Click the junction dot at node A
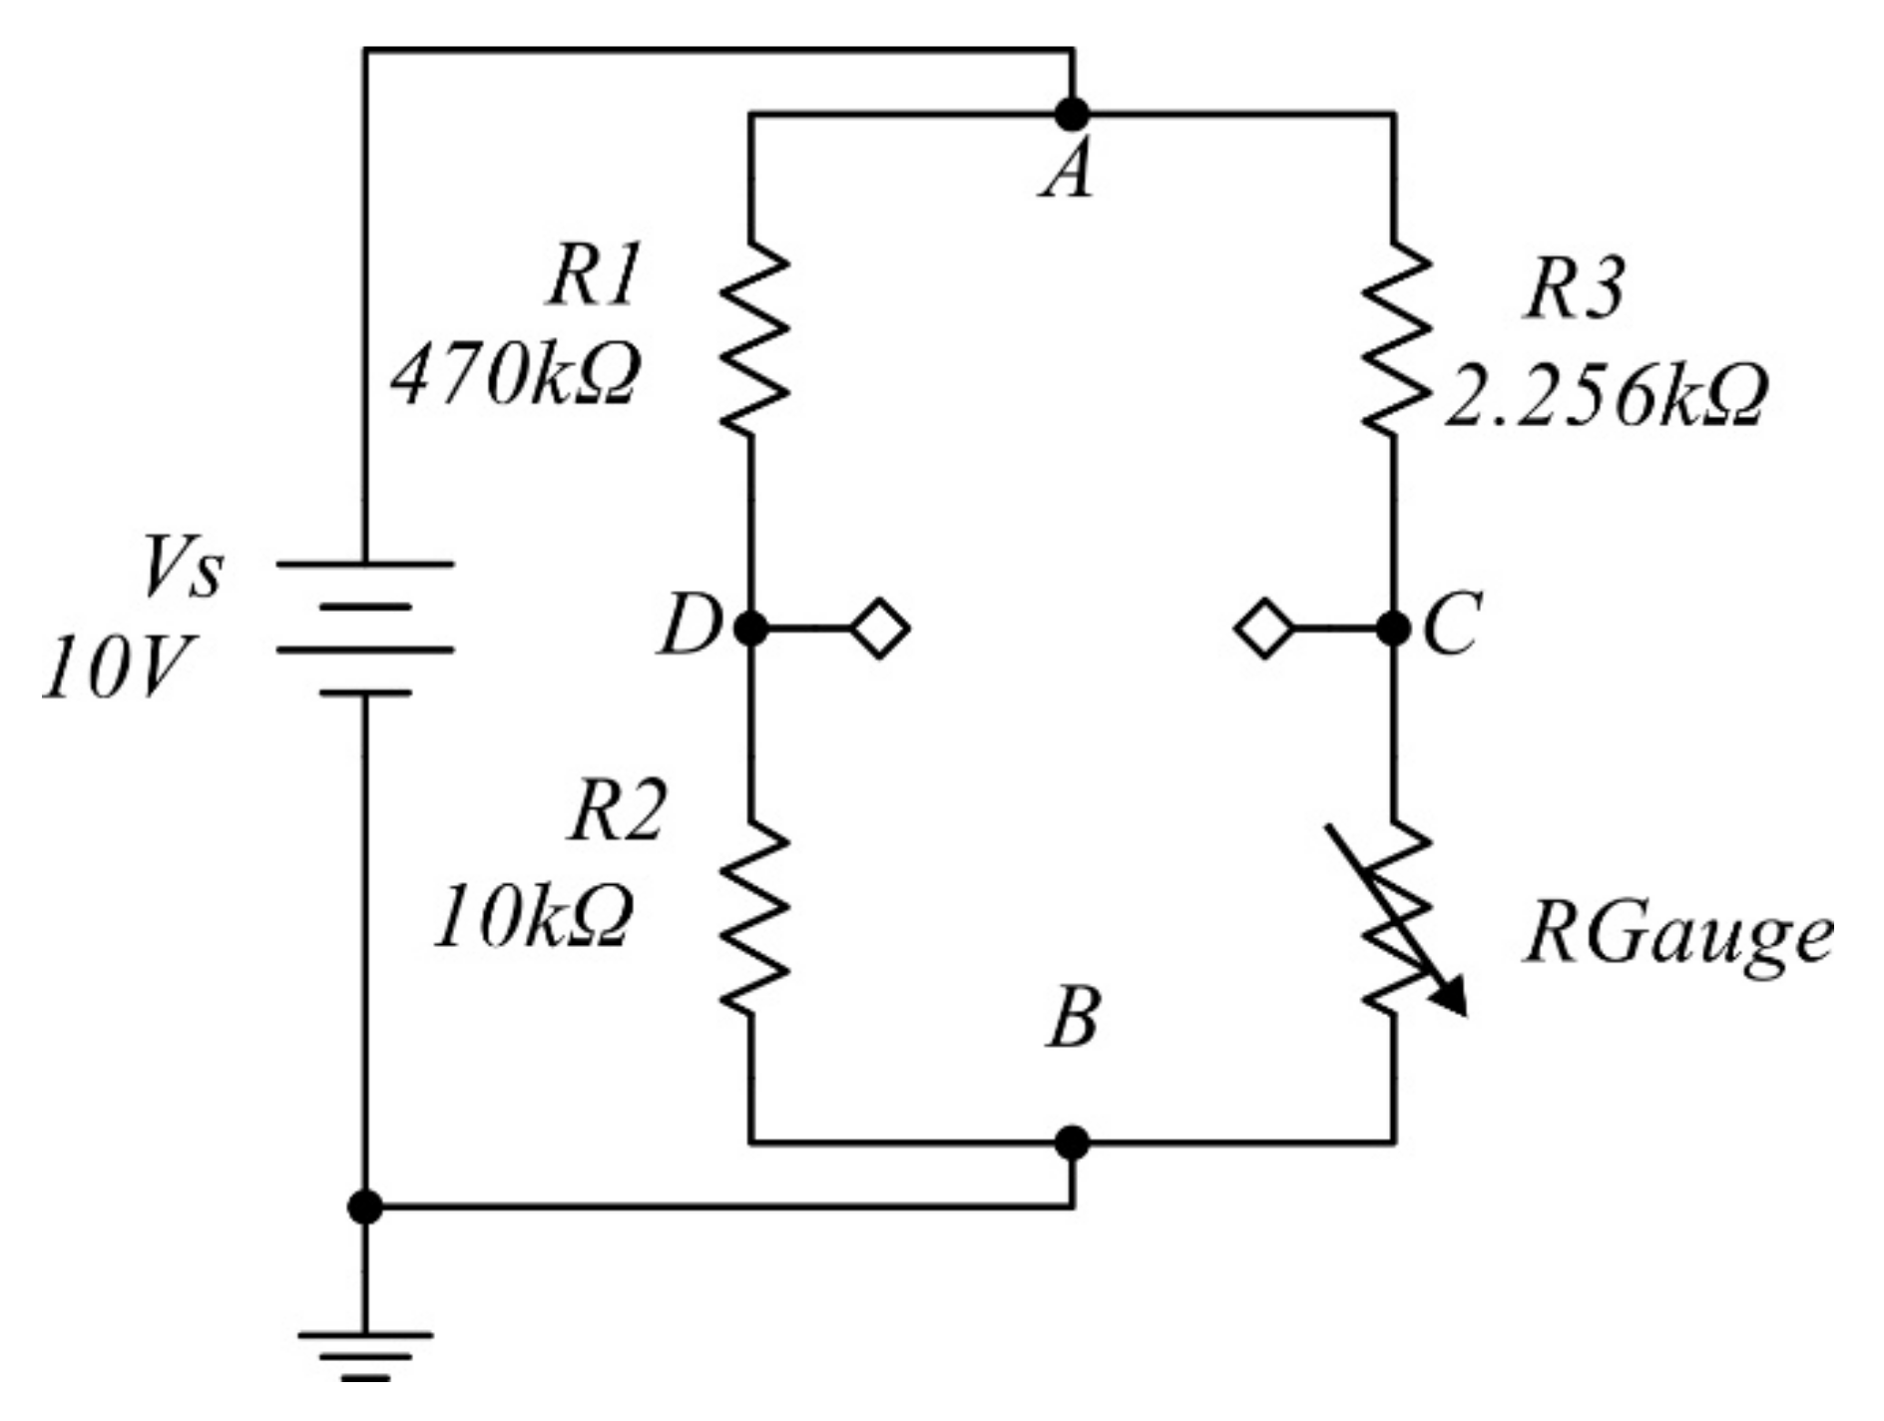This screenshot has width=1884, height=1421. point(1072,115)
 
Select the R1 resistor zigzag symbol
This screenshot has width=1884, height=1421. point(753,339)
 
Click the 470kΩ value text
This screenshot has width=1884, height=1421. point(515,376)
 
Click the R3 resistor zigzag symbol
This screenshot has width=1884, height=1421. point(1395,339)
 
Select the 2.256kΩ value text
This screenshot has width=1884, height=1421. point(1606,396)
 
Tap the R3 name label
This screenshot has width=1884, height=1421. point(1574,289)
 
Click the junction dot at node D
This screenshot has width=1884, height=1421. point(751,629)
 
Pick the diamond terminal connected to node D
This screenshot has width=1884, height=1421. point(880,629)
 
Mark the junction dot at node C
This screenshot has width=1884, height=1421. point(1393,629)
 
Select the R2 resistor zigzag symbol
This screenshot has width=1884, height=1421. point(753,916)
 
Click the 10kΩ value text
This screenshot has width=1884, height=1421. point(534,917)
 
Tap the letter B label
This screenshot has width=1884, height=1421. point(1074,1019)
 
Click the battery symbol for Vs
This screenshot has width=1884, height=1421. point(365,628)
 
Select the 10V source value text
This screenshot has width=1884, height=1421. point(118,668)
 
